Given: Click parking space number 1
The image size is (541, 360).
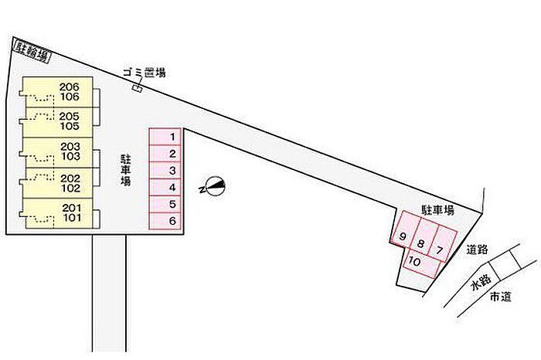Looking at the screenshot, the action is [165, 137].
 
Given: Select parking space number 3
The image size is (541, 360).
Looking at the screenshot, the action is [165, 171].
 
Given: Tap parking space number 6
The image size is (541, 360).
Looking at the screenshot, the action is [165, 221].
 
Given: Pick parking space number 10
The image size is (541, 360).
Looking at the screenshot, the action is [423, 263].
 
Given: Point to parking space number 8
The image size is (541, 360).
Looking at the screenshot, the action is [424, 237].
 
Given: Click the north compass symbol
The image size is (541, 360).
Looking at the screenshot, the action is [213, 186].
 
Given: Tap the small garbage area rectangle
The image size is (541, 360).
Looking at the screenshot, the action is [138, 88].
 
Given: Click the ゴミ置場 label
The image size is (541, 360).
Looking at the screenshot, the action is [145, 72].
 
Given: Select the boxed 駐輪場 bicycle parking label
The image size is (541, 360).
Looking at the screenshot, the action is [32, 52].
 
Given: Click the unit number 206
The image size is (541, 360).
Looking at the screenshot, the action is [70, 87].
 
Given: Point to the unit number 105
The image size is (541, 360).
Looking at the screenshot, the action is [70, 126].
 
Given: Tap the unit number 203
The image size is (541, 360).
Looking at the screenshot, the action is [70, 147].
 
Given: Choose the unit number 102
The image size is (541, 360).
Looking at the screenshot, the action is [70, 188].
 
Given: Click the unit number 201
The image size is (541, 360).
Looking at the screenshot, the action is [72, 208].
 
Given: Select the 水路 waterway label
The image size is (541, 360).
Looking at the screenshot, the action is [481, 283].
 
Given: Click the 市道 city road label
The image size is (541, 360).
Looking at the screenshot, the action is [501, 297].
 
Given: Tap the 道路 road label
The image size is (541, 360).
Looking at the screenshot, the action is [477, 250].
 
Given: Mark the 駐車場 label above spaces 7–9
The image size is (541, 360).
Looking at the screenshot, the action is [438, 210].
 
